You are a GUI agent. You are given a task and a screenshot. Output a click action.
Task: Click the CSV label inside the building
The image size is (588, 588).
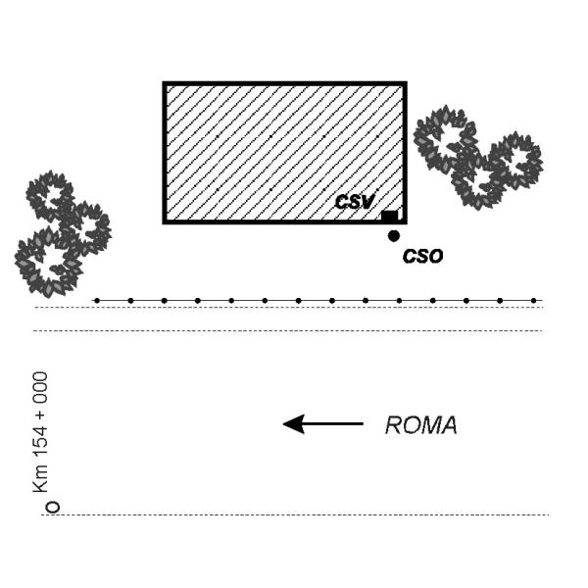pyautogui.click(x=354, y=203)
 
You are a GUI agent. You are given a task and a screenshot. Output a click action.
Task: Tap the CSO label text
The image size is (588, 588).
pyautogui.click(x=423, y=257)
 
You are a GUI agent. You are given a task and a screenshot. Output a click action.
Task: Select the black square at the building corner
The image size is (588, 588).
pyautogui.click(x=389, y=217)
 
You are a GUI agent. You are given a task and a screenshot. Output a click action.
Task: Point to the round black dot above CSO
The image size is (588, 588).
pyautogui.click(x=394, y=235)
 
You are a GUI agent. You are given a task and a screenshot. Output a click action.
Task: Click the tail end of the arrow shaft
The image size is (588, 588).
pyautogui.click(x=362, y=423)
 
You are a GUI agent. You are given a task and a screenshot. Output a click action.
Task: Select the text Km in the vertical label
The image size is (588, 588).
pyautogui.click(x=40, y=479)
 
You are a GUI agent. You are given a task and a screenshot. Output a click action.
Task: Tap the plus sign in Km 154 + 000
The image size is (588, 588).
pyautogui.click(x=40, y=416)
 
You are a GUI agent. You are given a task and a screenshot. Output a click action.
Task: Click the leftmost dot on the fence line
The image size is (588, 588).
pyautogui.click(x=96, y=300)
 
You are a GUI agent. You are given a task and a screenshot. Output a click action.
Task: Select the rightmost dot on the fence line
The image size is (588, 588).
pyautogui.click(x=533, y=300)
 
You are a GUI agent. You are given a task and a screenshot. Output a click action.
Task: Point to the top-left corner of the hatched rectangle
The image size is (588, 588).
pyautogui.click(x=165, y=84)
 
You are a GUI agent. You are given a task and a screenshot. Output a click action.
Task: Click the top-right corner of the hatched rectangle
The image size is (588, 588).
pyautogui.click(x=405, y=84)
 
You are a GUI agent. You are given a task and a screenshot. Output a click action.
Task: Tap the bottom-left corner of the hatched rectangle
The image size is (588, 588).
pyautogui.click(x=165, y=222)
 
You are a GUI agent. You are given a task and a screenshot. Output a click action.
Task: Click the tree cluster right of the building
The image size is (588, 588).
pyautogui.click(x=477, y=157)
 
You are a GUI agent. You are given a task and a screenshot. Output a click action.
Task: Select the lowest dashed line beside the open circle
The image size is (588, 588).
pyautogui.click(x=294, y=514)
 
